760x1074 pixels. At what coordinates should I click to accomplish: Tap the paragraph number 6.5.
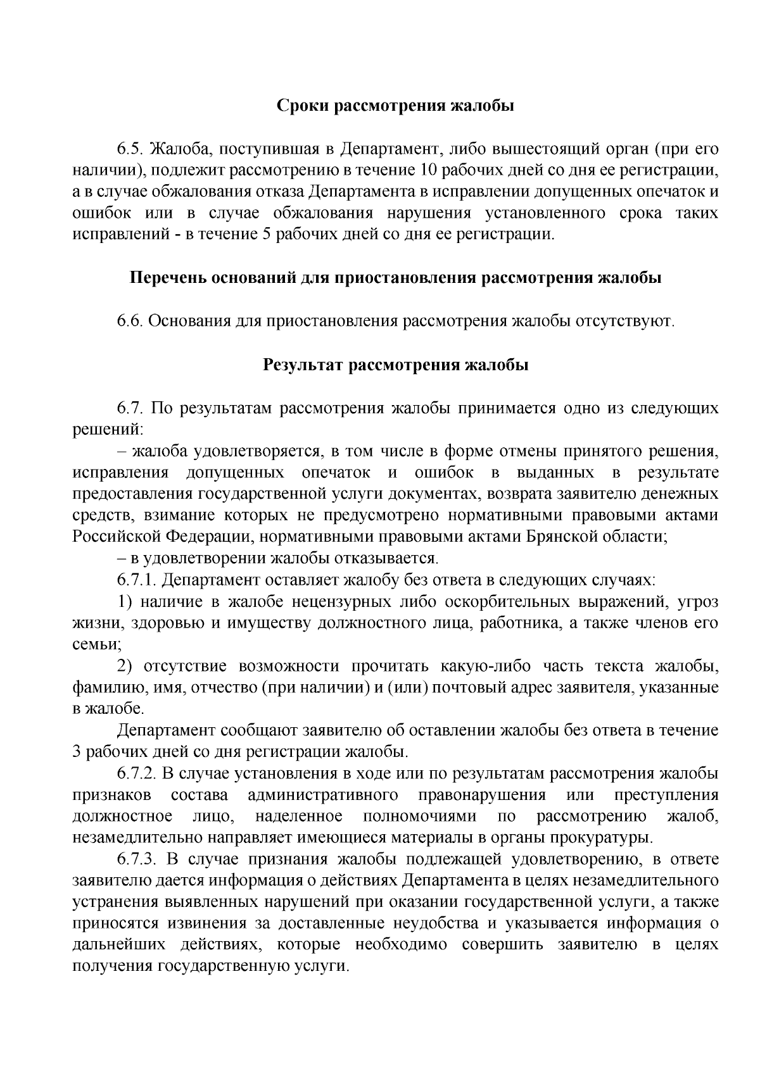(130, 149)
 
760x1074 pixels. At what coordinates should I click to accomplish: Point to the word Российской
(117, 536)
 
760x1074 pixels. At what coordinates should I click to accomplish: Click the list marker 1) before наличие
(125, 601)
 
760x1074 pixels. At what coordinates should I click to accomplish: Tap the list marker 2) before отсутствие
(125, 665)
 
